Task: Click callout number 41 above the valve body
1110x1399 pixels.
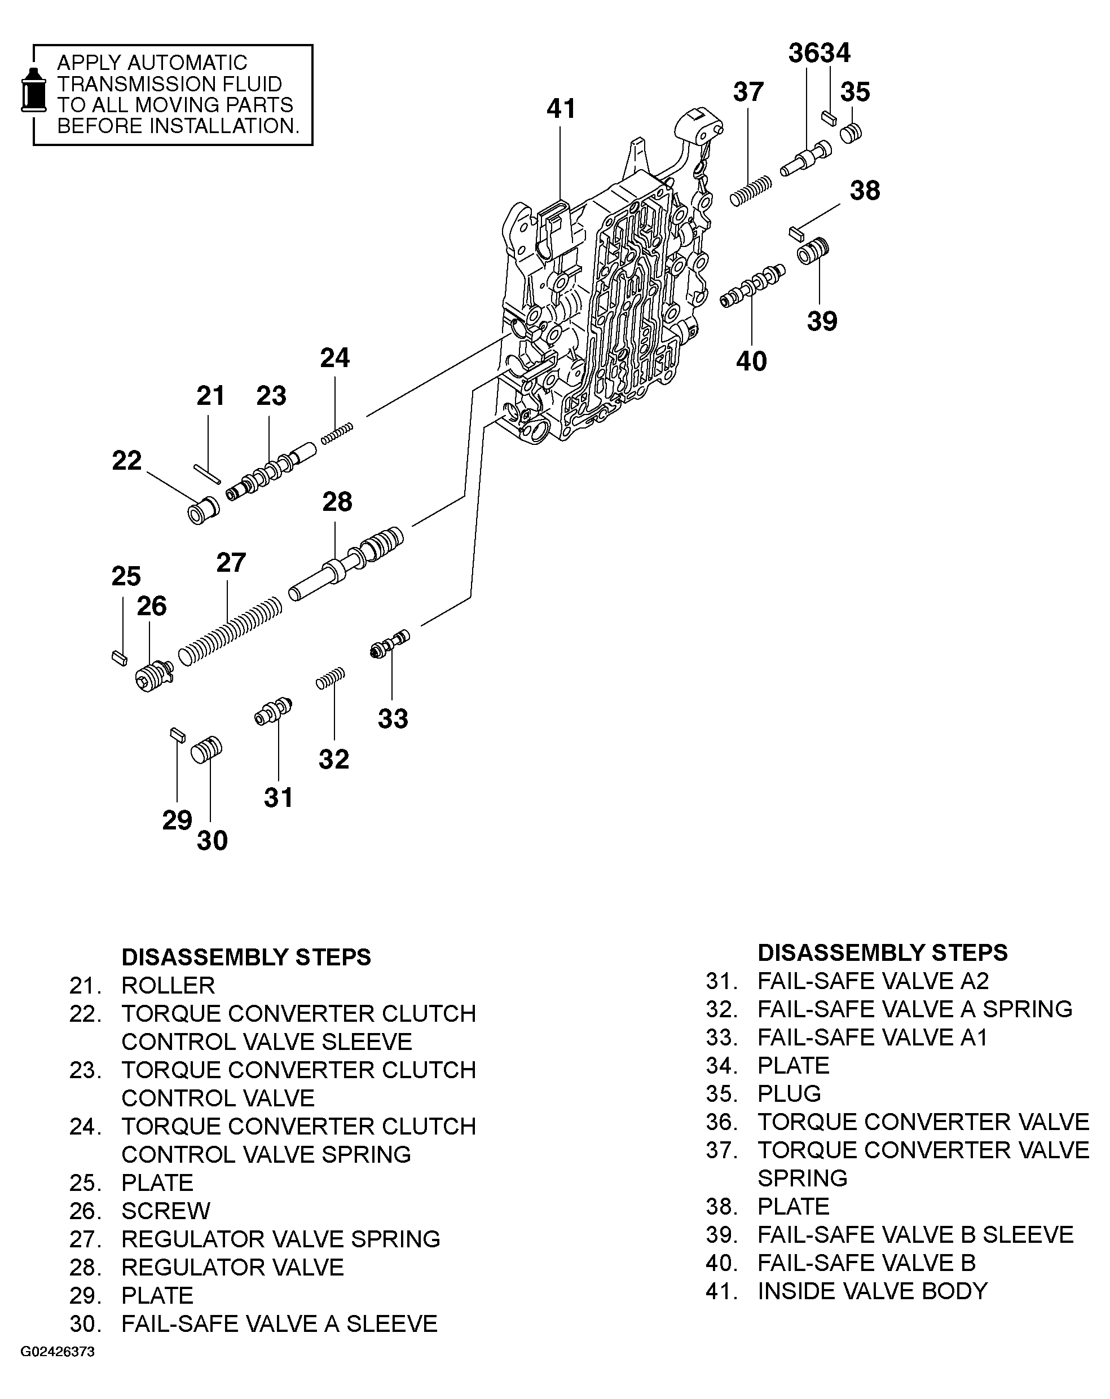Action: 560,108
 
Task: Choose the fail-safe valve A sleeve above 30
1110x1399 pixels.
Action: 206,750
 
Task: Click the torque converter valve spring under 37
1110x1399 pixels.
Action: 750,191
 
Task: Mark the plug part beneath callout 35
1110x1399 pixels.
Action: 851,133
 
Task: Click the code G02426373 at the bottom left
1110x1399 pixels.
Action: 57,1369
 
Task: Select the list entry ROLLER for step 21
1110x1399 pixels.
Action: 168,985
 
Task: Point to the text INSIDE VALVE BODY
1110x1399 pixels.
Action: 872,1291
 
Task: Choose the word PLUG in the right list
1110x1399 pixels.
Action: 789,1093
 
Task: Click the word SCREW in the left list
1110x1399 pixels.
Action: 165,1210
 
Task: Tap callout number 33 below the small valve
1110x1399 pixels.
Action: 393,718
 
